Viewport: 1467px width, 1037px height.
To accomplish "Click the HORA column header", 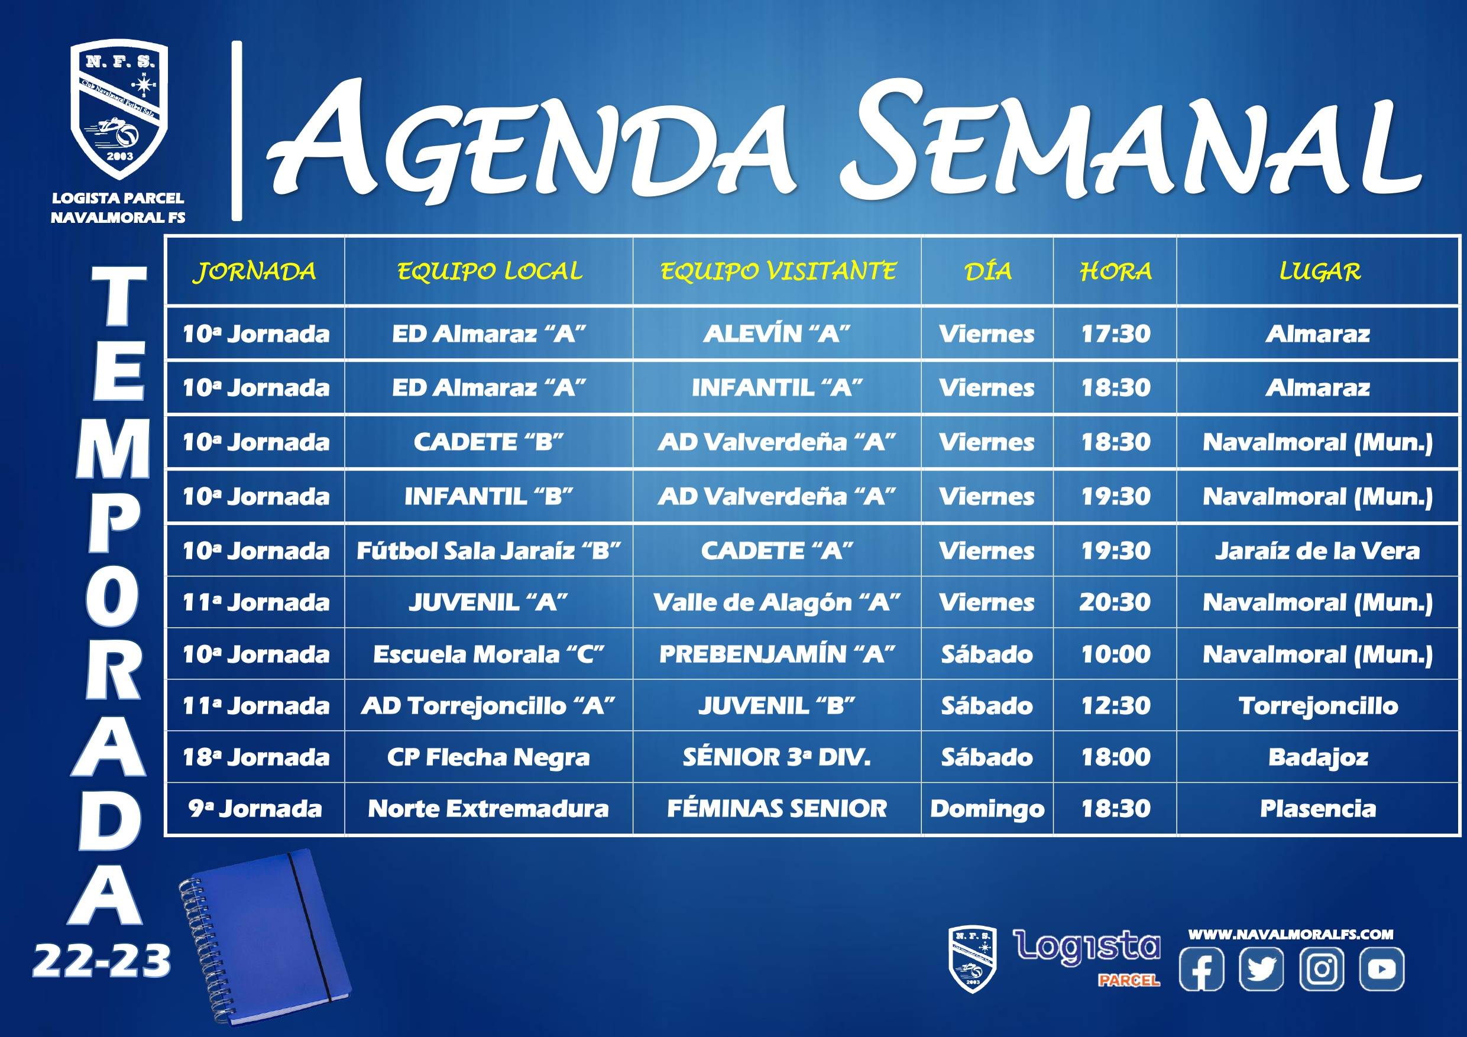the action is click(1116, 271).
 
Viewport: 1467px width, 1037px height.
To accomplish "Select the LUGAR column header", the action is click(1319, 271).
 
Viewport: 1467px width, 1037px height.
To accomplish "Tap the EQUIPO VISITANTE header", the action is click(778, 271).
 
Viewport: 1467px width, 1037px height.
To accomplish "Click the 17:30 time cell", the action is click(1116, 333).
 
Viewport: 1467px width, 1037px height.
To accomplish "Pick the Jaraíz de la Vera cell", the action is click(1317, 551).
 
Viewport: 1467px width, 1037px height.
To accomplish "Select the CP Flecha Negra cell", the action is click(488, 758).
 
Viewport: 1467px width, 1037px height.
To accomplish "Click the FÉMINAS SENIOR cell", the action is click(777, 809).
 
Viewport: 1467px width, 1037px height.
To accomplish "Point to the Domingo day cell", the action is click(987, 809).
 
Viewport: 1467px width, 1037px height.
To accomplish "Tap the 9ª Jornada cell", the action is click(255, 809).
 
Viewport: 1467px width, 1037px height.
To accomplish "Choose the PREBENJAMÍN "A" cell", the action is click(777, 654).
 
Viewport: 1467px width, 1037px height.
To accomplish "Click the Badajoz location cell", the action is click(1318, 758).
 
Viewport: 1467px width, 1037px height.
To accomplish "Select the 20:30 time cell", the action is click(1115, 602).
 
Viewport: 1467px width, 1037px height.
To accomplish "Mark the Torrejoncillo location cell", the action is click(1318, 706).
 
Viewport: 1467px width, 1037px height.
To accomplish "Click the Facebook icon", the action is click(1201, 968).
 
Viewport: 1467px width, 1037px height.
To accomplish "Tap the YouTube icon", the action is click(1381, 968).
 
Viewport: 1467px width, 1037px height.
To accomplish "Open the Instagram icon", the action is click(1322, 968).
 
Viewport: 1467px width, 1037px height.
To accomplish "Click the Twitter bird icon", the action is click(1261, 968).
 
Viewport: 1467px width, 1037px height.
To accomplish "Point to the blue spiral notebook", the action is click(265, 936).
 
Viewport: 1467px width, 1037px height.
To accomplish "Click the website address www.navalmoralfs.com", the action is click(1291, 934).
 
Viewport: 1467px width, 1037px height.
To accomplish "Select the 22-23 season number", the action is click(102, 961).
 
